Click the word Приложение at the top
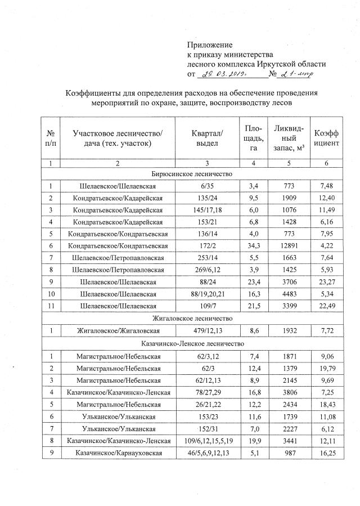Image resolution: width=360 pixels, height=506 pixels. point(209,44)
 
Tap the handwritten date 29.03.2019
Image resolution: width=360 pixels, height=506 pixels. point(224,74)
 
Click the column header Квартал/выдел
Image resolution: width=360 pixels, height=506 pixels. point(208,138)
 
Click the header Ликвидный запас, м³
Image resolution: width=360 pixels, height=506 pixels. point(289,138)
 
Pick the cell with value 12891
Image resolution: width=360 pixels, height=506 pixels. point(289,246)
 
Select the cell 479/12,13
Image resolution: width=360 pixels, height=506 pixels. point(208,330)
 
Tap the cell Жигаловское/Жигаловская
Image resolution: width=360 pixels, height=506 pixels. point(118,330)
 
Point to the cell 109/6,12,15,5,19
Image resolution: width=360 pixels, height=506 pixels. point(208,439)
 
